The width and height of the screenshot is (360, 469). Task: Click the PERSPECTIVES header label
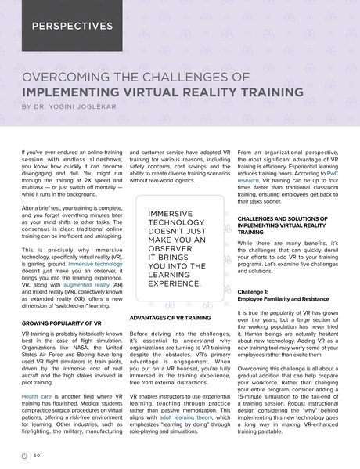coord(72,26)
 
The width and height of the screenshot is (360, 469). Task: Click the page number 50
coord(37,455)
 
